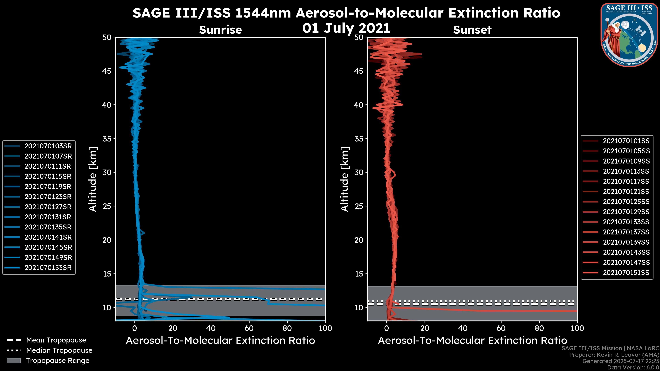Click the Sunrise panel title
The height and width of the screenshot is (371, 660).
(x=220, y=30)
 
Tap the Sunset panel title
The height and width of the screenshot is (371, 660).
(x=472, y=30)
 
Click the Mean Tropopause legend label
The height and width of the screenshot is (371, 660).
(x=56, y=340)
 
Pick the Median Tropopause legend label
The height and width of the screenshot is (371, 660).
(x=59, y=350)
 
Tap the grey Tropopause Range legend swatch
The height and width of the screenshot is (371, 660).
(x=14, y=361)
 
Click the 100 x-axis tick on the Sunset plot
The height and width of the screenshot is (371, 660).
(x=577, y=328)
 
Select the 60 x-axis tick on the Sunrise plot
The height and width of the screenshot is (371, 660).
(x=249, y=328)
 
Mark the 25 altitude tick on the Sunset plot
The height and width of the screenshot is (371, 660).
(x=359, y=206)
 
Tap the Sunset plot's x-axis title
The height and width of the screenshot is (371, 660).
(x=472, y=340)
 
